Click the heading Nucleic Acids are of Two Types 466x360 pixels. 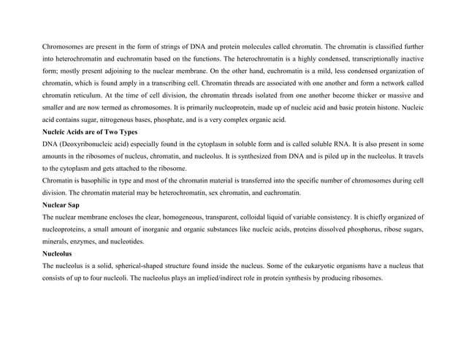coord(91,131)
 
